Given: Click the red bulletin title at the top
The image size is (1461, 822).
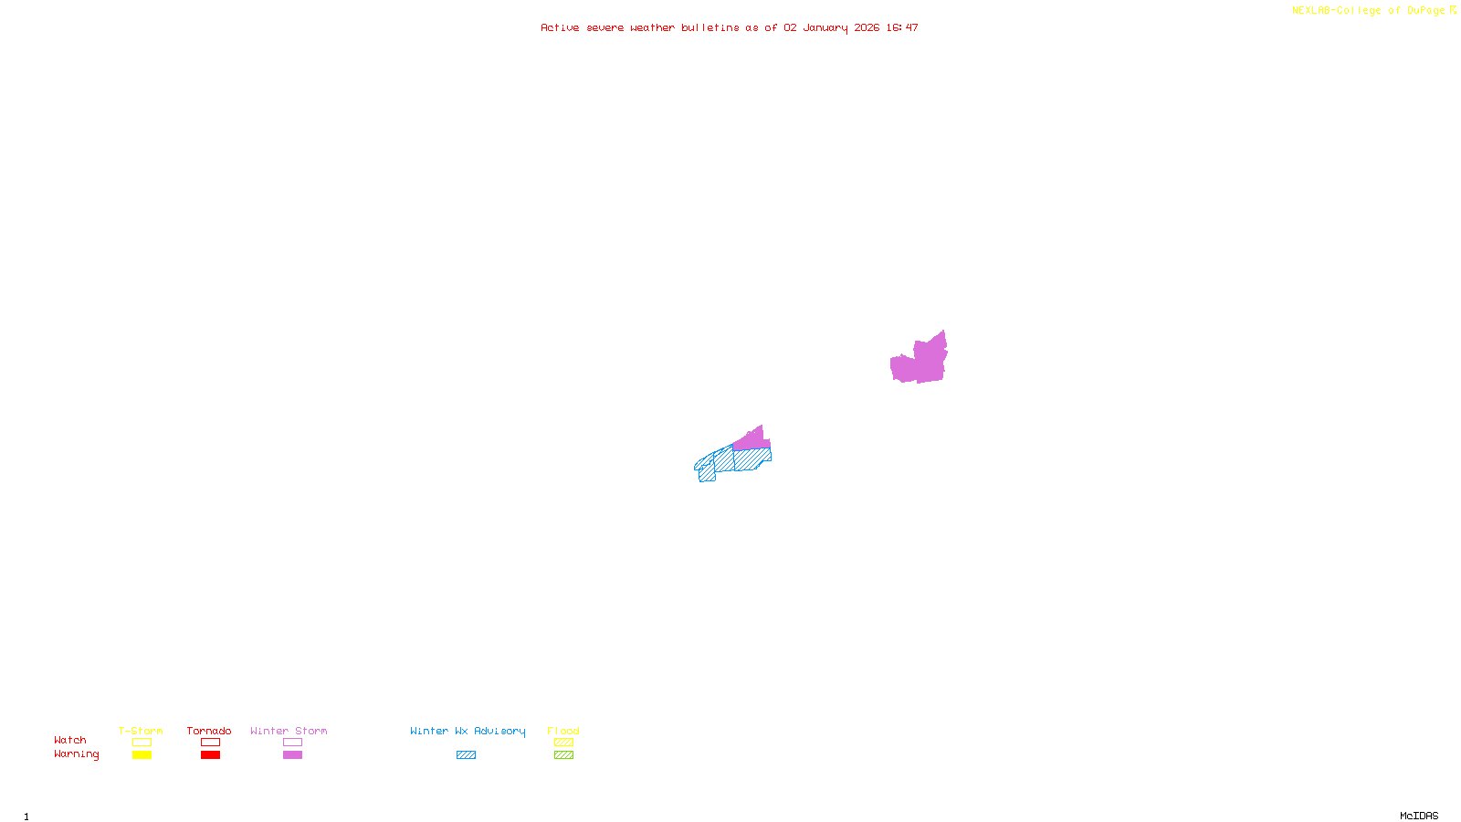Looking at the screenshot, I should point(729,27).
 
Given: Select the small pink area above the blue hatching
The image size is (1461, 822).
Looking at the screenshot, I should point(752,440).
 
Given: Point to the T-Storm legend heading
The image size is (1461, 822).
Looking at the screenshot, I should point(141,731).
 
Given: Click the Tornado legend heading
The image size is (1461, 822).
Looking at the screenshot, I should point(209,731).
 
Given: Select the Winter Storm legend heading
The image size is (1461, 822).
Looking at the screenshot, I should point(289,731).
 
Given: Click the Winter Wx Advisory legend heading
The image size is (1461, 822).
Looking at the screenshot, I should point(468,731).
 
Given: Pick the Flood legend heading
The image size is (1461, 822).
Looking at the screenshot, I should point(563,731).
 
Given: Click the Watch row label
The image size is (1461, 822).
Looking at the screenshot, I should point(70,741).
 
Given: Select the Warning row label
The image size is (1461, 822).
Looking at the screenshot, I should point(76,754).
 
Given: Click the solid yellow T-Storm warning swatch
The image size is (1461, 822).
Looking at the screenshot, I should point(142,755).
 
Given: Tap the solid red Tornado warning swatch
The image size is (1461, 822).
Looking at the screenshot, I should point(210,755).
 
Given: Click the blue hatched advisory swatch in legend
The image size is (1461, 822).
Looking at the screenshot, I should point(466,755).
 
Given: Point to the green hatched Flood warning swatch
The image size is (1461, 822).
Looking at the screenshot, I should point(563,755).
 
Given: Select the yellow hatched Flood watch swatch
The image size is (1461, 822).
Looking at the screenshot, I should point(563,743).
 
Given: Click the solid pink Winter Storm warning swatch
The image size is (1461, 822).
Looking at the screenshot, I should point(292,755).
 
